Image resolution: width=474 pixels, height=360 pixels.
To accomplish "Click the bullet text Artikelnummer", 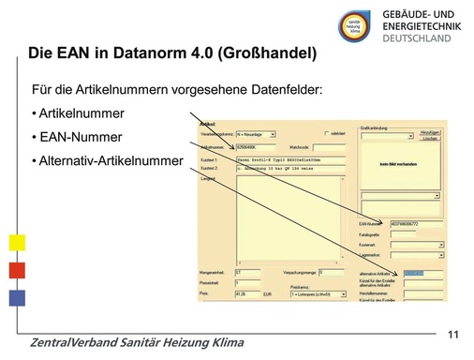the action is coord(81,113).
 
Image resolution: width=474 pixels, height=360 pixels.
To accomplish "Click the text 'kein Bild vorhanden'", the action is coord(402,163).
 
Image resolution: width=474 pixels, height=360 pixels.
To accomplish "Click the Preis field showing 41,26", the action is coord(245,293).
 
